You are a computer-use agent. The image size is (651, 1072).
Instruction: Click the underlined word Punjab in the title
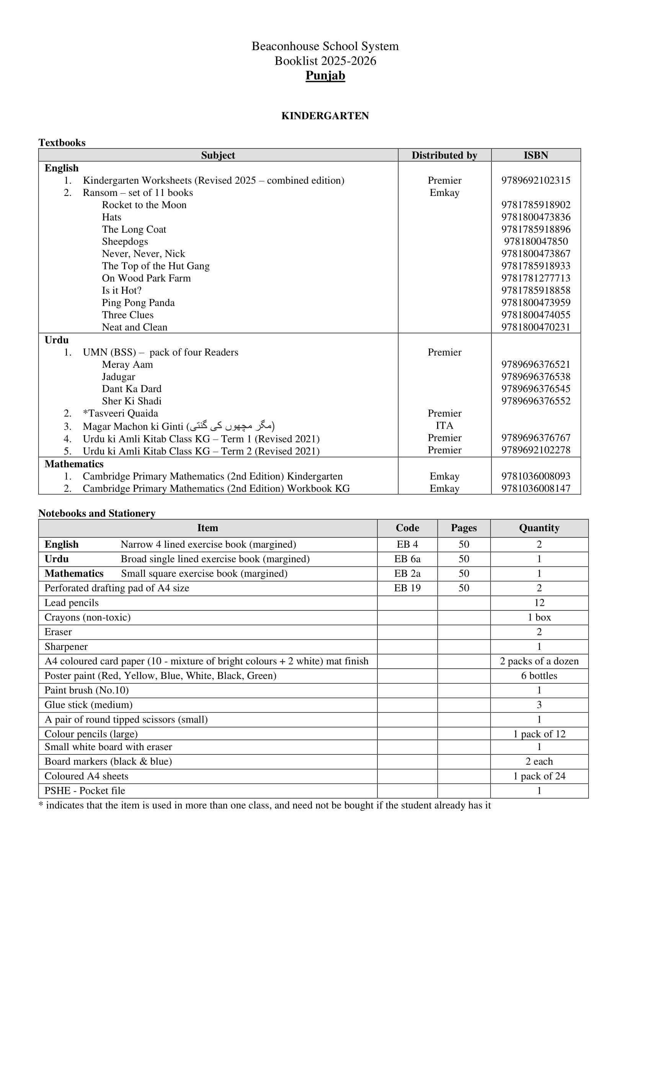(325, 76)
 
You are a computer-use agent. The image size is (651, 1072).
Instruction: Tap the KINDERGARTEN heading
(325, 116)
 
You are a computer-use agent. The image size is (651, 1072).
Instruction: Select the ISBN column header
(536, 155)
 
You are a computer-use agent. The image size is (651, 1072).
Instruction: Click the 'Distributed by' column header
(444, 155)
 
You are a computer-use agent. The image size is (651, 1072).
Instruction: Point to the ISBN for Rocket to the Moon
(536, 205)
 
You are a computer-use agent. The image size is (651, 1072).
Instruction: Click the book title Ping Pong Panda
(139, 303)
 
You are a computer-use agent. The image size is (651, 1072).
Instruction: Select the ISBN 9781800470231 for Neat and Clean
(536, 327)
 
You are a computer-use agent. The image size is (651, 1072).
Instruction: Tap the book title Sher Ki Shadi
(131, 401)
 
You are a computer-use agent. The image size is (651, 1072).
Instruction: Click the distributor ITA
(444, 426)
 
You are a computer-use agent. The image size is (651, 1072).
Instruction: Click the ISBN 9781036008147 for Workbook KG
(536, 489)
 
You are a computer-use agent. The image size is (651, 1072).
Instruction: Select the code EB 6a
(407, 559)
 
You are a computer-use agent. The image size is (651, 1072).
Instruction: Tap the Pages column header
(464, 528)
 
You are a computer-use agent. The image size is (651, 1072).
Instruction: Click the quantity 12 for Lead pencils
(539, 603)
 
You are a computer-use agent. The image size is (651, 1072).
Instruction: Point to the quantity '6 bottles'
(539, 676)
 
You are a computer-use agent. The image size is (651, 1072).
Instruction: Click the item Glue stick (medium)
(88, 705)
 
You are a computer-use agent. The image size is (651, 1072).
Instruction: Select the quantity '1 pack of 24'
(539, 776)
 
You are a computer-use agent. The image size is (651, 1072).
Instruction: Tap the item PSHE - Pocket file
(85, 791)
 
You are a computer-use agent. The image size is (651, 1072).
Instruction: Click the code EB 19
(407, 588)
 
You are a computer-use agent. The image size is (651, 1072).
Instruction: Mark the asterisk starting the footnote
(41, 805)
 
